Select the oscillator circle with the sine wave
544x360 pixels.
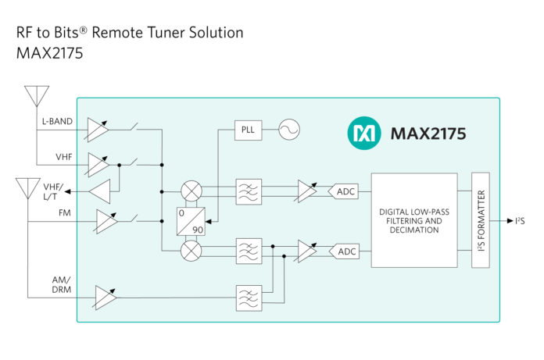[x=289, y=130]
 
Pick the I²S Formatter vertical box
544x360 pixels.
[x=481, y=220]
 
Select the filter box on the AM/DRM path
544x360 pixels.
[x=249, y=297]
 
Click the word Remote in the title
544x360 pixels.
[x=120, y=33]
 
